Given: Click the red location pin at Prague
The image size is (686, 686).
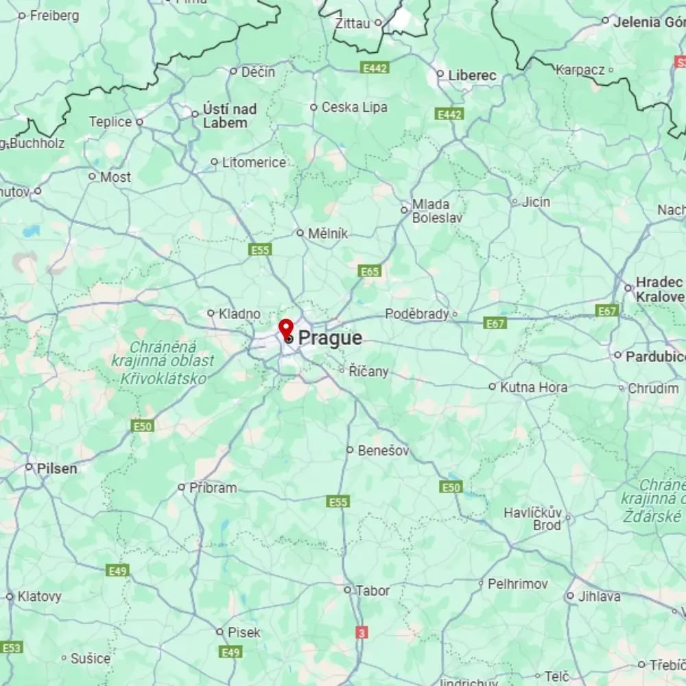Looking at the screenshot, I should pos(286,328).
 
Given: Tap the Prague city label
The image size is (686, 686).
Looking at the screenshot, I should pos(330,338).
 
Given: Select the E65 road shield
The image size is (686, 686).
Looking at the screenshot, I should pos(370,272).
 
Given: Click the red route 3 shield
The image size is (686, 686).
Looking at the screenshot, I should pos(362,632).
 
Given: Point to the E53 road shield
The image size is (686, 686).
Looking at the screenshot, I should pos(11,647).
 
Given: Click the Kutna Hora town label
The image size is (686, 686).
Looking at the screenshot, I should pos(534,387).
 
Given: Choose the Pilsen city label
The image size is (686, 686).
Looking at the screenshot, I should pos(57,469).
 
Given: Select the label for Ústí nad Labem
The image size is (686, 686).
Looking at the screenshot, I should pos(229,116).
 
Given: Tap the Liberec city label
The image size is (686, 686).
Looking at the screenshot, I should pos(472,75).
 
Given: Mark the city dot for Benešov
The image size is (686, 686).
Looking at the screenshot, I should pos(350,450).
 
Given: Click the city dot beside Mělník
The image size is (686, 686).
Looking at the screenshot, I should pos(300,233).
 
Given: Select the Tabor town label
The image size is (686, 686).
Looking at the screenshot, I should pos(373,590).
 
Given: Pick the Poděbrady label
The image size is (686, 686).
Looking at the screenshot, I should pos(416,314).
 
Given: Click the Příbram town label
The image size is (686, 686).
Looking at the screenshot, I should pos(213,488).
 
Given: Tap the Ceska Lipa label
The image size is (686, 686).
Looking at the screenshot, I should pos(354,107).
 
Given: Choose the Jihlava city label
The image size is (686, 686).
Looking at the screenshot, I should pos(599,596).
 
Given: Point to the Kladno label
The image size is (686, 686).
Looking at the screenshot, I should pos(239,314).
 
